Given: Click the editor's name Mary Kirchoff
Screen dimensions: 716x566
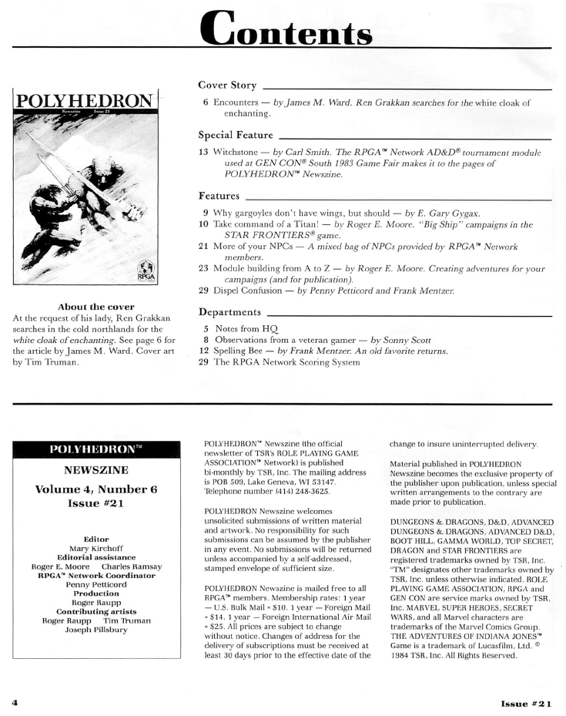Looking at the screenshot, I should pyautogui.click(x=95, y=549).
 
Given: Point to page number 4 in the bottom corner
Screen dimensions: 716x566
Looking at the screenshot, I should pyautogui.click(x=14, y=703).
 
